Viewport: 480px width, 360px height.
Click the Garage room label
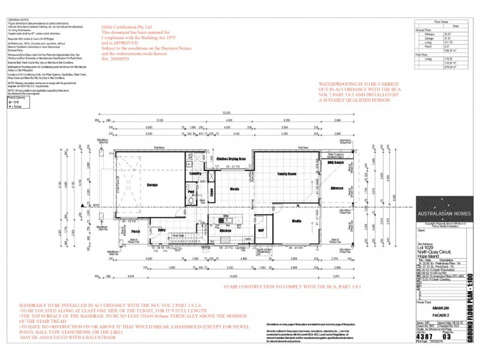click(152, 185)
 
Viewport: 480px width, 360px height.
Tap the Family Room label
click(287, 173)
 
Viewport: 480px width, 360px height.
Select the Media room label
click(296, 220)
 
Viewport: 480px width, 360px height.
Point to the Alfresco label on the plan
click(337, 188)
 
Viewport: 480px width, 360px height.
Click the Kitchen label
click(224, 230)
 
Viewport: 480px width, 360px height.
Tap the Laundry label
click(194, 173)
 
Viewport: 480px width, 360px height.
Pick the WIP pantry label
click(260, 229)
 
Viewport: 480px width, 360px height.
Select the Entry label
click(161, 229)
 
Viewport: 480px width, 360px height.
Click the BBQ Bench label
click(335, 163)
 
